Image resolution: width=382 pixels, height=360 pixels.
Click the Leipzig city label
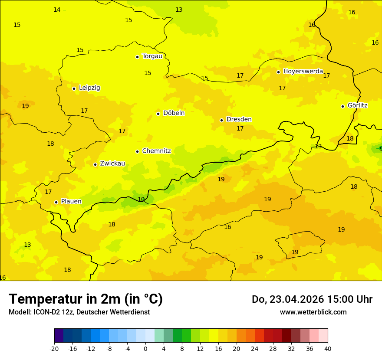pos(89,88)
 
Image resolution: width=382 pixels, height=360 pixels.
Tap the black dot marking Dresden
pos(221,120)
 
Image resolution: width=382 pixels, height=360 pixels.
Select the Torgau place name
pos(152,56)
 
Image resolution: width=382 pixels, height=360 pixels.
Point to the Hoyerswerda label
pos(303,72)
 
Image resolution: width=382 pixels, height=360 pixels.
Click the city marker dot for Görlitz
pos(342,106)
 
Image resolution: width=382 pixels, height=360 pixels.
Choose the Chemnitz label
pos(156,151)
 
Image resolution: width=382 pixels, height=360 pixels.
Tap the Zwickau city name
pos(112,164)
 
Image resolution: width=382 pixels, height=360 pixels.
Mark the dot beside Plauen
pos(56,202)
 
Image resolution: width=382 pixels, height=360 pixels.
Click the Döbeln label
pos(174,113)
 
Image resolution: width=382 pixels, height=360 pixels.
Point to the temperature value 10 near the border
pos(141,200)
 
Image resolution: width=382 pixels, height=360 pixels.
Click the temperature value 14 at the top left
pos(57,10)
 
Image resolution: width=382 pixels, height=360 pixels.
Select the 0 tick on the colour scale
pos(145,349)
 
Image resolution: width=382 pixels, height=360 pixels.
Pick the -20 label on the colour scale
pos(54,349)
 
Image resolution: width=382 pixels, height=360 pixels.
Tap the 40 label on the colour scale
pos(327,349)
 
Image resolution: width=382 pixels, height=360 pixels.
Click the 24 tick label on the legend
pos(255,349)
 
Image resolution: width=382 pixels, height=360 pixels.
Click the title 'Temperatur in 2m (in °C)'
pos(86,299)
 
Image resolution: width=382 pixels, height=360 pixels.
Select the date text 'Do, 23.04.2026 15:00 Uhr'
pos(312,299)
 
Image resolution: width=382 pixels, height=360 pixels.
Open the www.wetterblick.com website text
pos(313,312)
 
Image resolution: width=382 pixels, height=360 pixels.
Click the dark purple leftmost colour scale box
pos(59,336)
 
